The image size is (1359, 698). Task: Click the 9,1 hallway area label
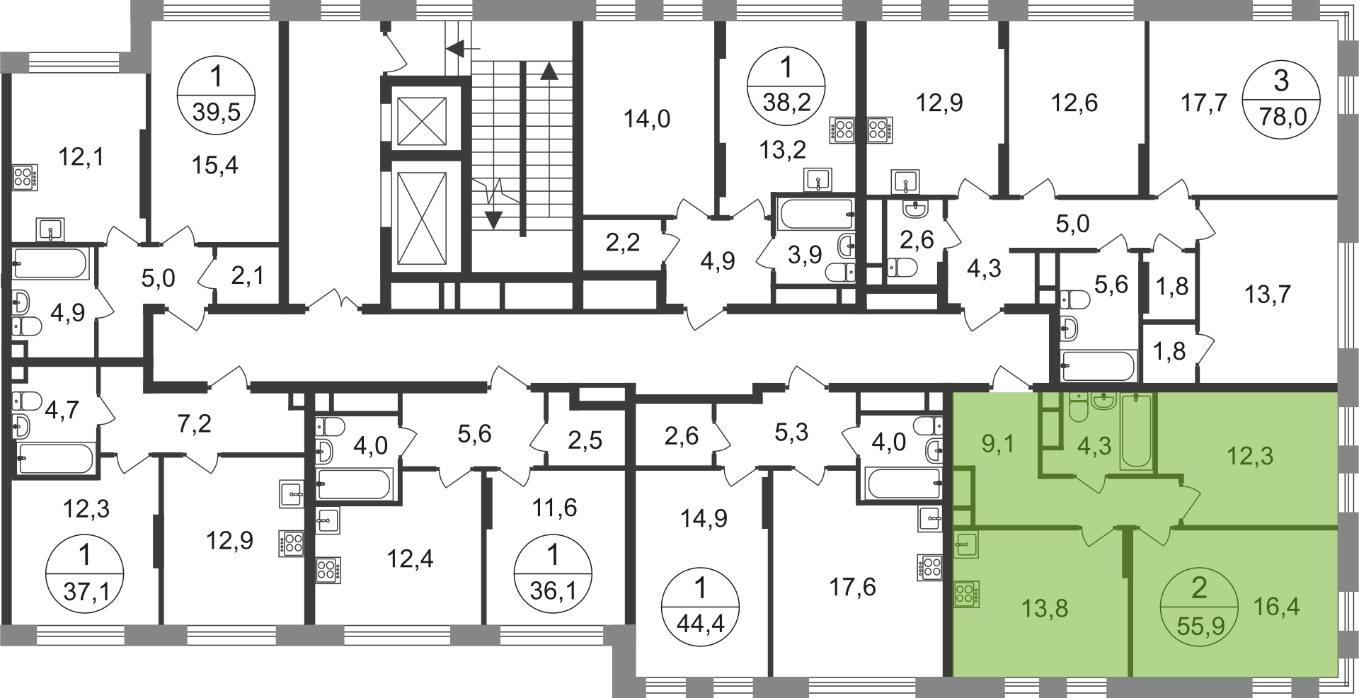(x=998, y=445)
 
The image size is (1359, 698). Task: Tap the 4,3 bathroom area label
(x=1094, y=446)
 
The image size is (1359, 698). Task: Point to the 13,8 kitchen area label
(x=1045, y=607)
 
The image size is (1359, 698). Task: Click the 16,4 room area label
(x=1276, y=606)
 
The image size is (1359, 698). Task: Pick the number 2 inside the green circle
(x=1199, y=589)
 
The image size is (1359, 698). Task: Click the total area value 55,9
(x=1199, y=625)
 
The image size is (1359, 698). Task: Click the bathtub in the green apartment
(x=1137, y=432)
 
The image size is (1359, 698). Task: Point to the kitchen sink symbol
(x=965, y=544)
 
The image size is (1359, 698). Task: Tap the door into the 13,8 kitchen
(x=1097, y=532)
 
